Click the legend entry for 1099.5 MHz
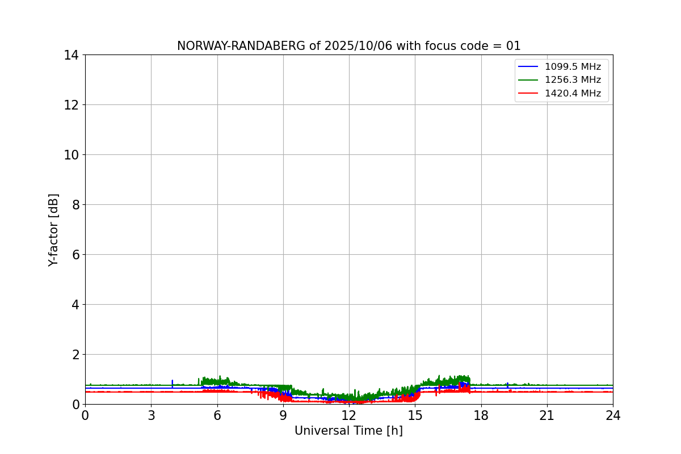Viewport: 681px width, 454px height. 573,67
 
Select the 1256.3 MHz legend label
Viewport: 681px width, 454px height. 573,80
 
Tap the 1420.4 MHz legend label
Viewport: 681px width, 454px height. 573,94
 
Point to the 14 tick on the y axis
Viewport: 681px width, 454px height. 72,55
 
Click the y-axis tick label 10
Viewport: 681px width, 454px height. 72,155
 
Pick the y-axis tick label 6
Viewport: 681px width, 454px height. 75,255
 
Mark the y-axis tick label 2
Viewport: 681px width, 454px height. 75,355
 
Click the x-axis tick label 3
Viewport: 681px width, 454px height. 151,415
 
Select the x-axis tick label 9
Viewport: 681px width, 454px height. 283,415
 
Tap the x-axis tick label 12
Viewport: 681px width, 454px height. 349,415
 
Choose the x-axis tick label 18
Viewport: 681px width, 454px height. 481,415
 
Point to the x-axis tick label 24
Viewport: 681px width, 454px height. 613,415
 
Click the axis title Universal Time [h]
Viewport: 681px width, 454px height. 348,431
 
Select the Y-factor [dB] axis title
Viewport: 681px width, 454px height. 53,230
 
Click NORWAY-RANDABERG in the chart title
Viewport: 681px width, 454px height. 242,46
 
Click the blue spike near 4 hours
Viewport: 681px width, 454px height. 173,383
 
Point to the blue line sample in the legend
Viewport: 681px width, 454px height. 528,67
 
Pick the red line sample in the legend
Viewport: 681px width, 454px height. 528,94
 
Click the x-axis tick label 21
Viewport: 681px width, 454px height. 547,415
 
